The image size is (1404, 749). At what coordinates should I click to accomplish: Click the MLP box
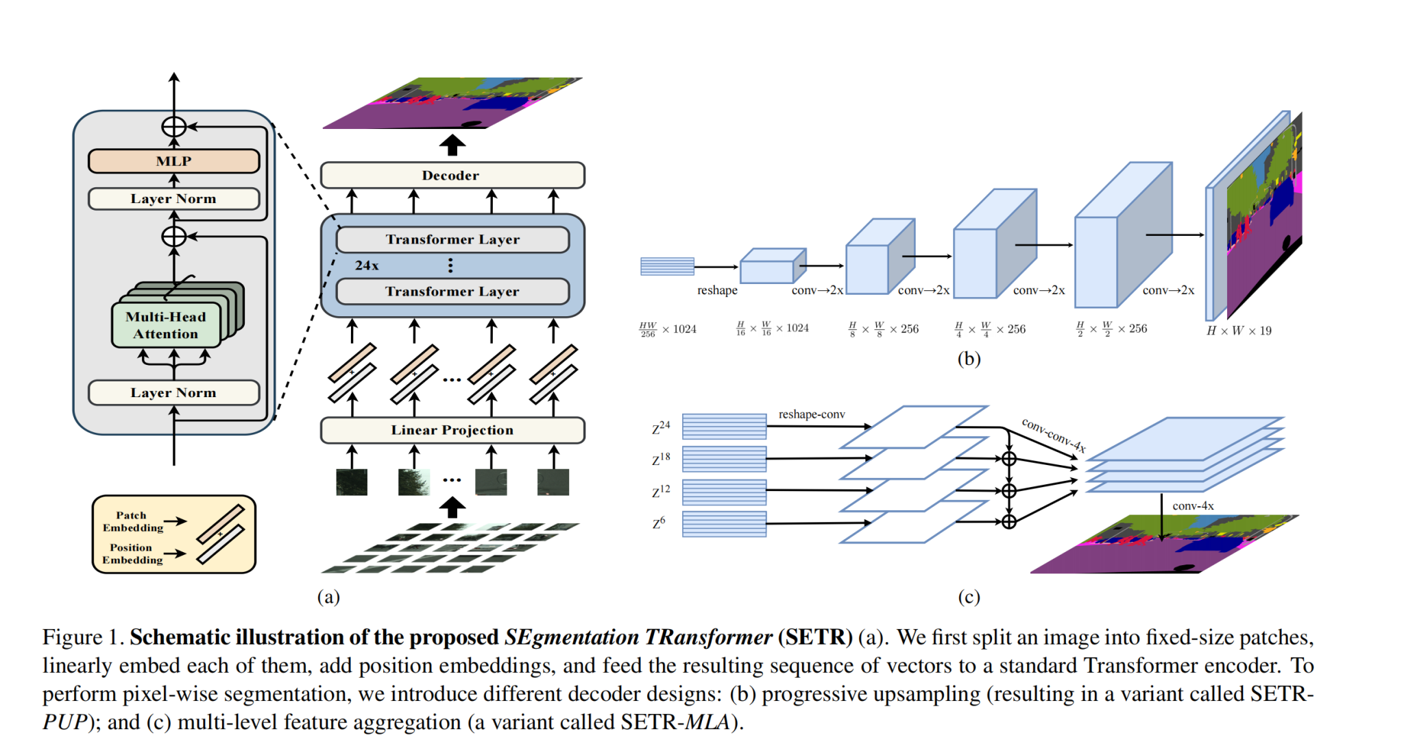173,161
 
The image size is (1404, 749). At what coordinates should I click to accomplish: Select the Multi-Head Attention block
166,325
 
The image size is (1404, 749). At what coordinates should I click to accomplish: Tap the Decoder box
452,176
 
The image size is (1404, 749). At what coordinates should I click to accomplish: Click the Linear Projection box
452,430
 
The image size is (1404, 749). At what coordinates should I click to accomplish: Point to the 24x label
367,265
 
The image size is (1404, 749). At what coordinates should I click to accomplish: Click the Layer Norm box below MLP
173,199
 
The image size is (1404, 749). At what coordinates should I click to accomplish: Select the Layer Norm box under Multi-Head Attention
173,393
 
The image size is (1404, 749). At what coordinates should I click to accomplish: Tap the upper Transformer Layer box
452,239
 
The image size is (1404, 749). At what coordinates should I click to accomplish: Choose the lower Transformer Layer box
452,292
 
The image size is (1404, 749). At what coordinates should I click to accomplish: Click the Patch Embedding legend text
132,521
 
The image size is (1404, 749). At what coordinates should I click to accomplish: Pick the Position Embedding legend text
132,554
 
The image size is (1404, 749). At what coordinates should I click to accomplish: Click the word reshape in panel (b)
717,290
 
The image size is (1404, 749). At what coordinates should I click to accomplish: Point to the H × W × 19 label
1239,331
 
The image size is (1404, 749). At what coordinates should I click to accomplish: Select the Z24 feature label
661,428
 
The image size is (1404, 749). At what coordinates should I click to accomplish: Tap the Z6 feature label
659,523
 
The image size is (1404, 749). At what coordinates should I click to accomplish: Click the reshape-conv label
812,414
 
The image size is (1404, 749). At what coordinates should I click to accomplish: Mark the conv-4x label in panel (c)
1193,506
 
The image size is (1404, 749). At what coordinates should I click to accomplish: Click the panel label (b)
969,359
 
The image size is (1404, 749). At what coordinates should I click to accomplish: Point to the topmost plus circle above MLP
174,127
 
